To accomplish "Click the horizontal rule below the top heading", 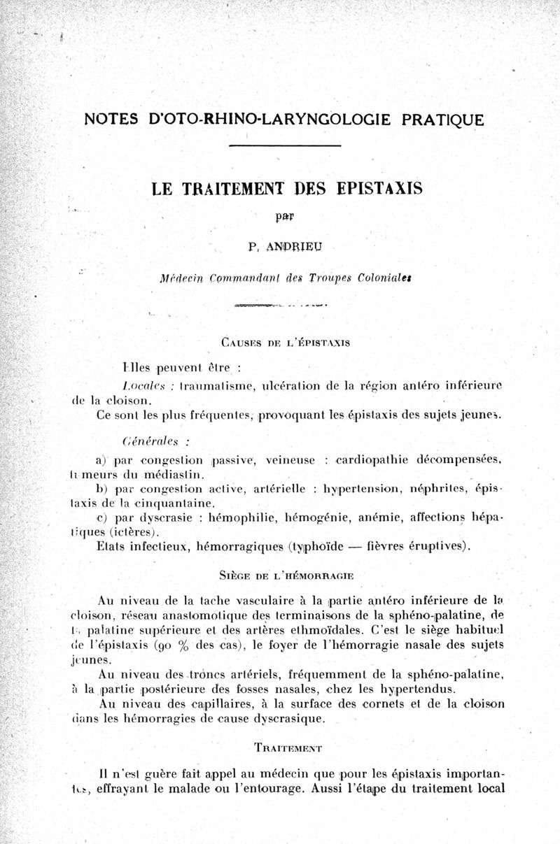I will [x=284, y=145].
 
